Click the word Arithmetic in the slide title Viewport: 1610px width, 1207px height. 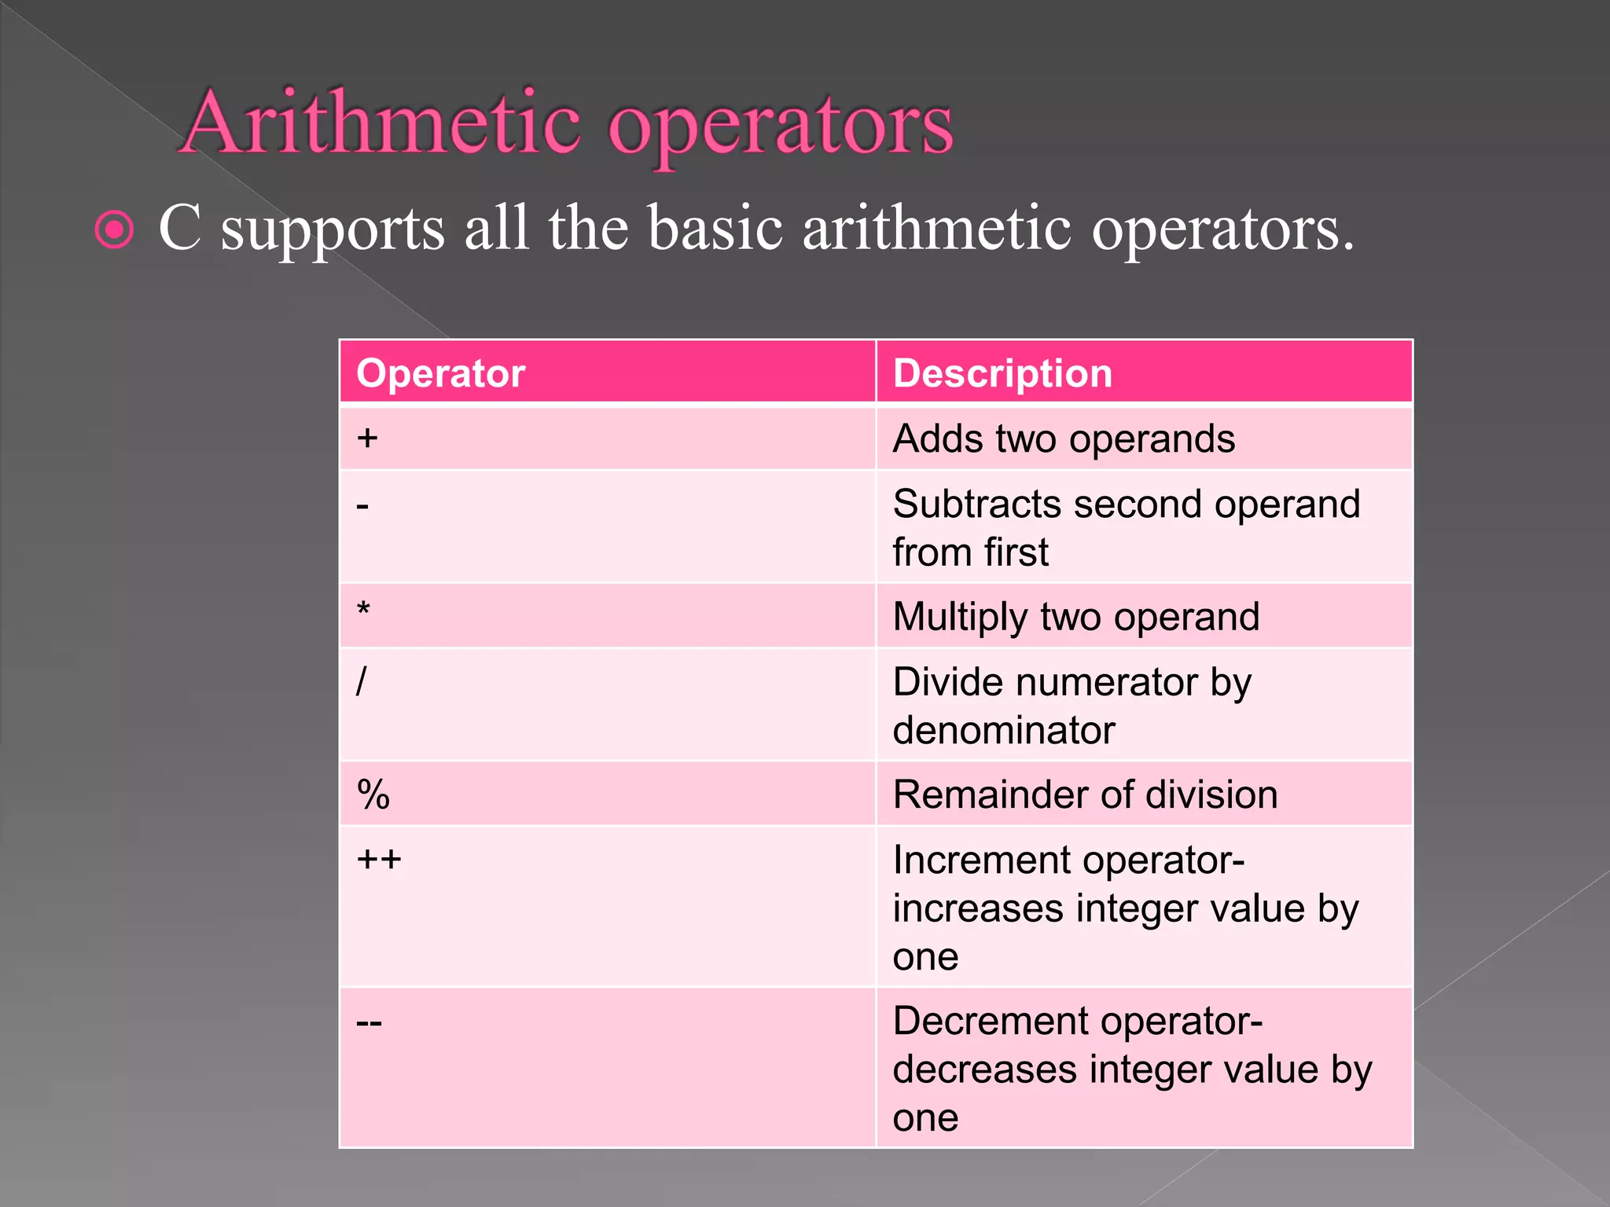382,123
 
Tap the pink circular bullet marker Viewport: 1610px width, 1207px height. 115,230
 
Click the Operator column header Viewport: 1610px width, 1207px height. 440,373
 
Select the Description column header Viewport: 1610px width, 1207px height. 1002,373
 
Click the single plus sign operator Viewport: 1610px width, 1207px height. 367,438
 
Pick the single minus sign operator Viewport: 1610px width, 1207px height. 362,506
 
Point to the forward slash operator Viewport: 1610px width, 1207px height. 361,681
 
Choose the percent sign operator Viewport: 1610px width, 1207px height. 373,794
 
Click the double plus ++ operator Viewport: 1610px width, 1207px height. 379,860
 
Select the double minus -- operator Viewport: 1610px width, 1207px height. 369,1023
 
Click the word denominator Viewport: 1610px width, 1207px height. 1004,730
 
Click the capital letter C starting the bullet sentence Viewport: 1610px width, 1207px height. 180,228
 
